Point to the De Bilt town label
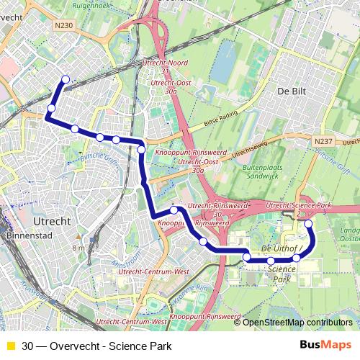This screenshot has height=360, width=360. coord(292,91)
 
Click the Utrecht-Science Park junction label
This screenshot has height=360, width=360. coord(299,205)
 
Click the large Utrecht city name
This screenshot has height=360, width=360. coord(51,219)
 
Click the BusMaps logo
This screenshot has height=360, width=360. coord(326,344)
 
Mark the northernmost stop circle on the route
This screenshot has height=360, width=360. coord(66,80)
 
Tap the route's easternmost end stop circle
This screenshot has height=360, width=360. coord(308,224)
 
